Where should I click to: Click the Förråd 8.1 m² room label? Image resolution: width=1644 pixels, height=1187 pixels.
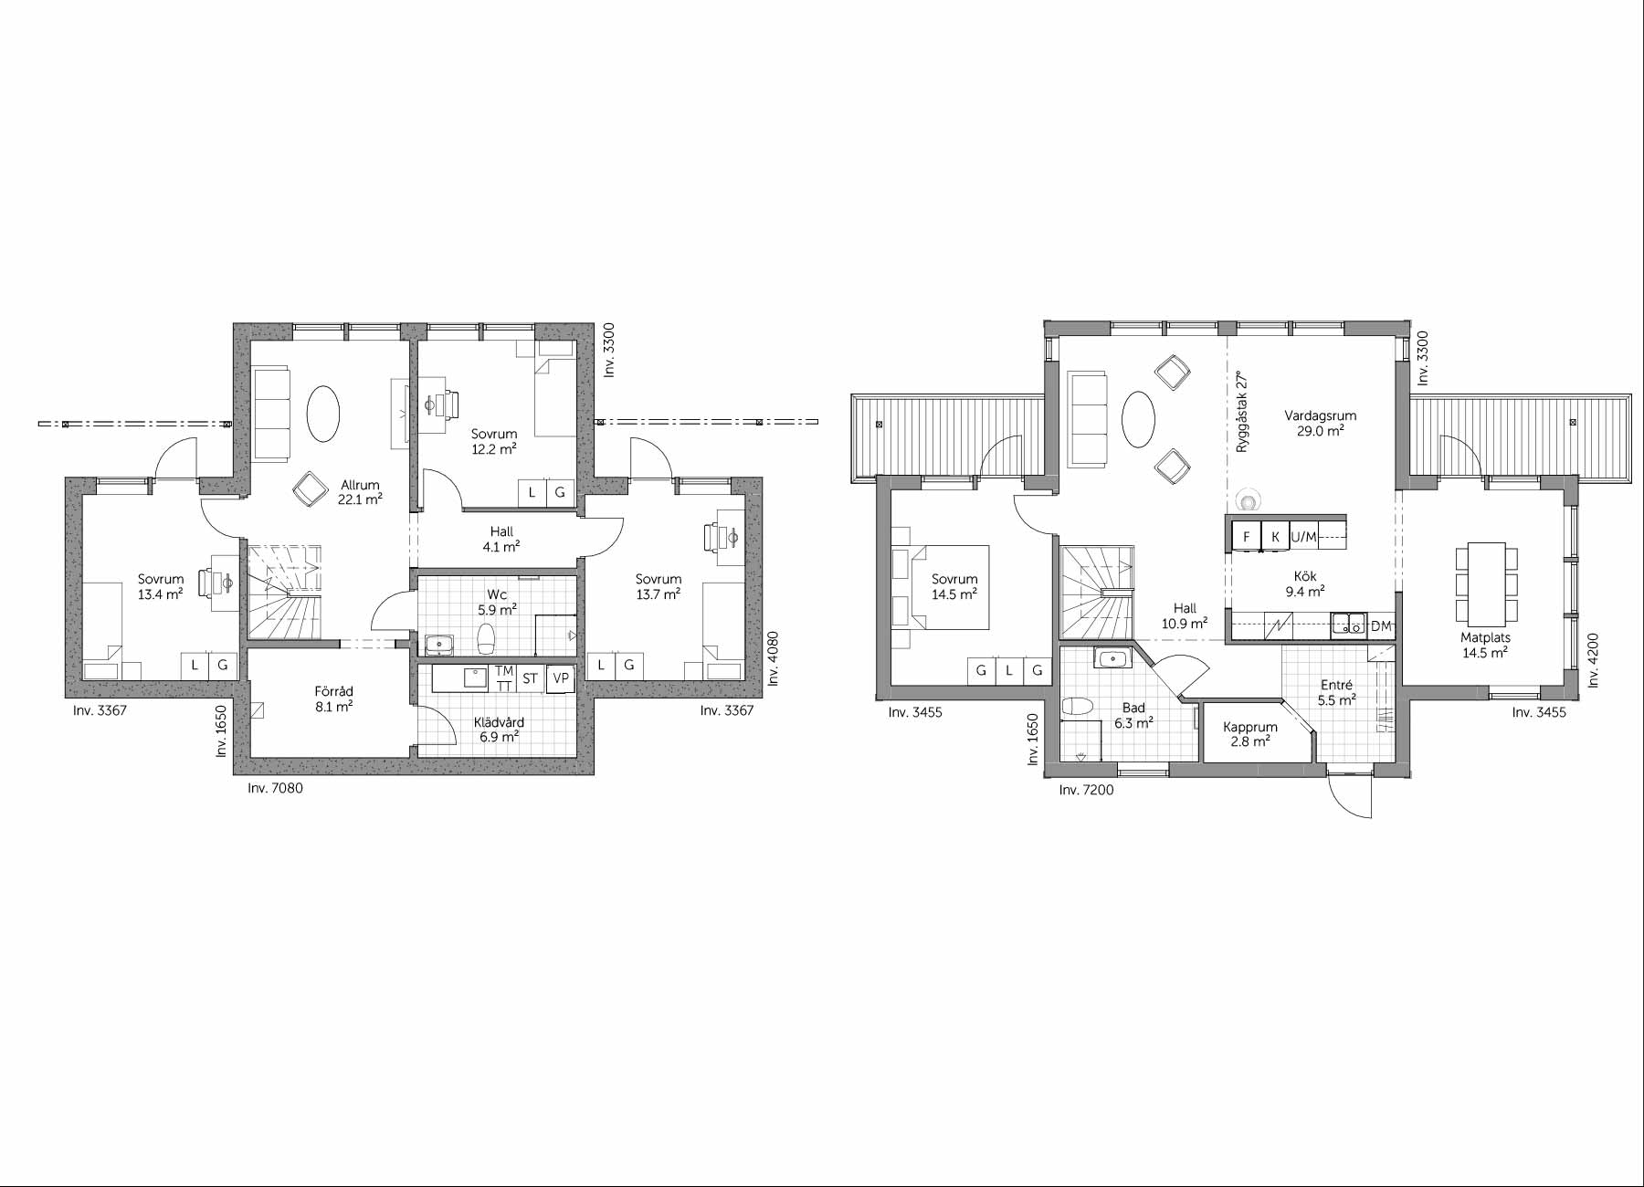coord(333,699)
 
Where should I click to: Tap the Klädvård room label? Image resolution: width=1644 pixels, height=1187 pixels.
coord(500,722)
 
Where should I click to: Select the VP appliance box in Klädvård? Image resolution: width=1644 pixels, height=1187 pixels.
coord(560,678)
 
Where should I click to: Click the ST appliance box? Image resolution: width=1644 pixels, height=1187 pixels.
coord(530,678)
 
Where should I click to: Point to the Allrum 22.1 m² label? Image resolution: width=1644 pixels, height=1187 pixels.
coord(359,492)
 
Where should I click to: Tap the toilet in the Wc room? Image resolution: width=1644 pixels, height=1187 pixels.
coord(487,639)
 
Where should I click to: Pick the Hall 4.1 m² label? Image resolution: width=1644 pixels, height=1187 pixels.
coord(501,539)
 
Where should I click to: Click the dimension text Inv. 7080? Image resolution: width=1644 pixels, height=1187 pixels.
coord(275,788)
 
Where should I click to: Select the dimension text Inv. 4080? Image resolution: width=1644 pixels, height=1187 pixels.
coord(773,658)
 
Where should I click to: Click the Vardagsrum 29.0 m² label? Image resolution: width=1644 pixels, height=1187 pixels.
coord(1320,423)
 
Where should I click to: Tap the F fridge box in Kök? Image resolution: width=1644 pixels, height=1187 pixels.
coord(1246,537)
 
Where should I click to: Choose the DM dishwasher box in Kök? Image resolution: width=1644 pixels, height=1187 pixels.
coord(1381,625)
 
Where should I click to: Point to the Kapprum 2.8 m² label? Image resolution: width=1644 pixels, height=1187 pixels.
coord(1250,734)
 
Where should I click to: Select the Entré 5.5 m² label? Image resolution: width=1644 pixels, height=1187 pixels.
coord(1336,693)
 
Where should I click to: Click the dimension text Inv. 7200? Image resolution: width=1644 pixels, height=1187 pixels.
coord(1087,790)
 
